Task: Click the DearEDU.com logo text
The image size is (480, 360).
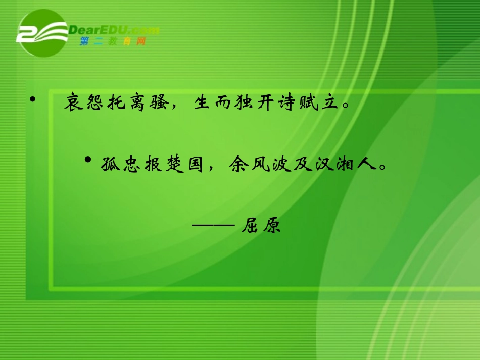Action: tap(113, 30)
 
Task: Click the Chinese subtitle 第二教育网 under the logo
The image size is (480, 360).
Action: tap(113, 42)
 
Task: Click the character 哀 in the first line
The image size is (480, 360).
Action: tap(74, 104)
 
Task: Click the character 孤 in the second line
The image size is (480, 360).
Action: tap(108, 165)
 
